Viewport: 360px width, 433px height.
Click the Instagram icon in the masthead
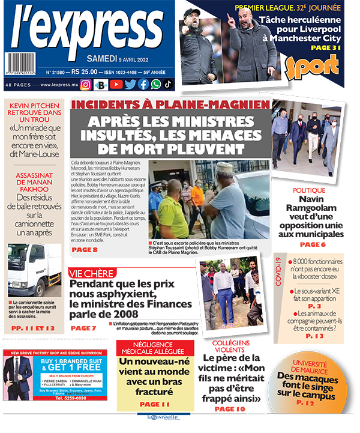point(85,85)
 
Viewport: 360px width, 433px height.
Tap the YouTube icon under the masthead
point(116,85)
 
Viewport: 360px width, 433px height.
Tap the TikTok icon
point(169,85)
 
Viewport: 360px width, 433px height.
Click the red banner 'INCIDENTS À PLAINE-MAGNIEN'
point(170,104)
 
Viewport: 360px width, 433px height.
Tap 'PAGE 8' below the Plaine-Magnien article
point(85,249)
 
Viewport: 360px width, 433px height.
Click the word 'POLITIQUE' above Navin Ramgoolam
point(309,190)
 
